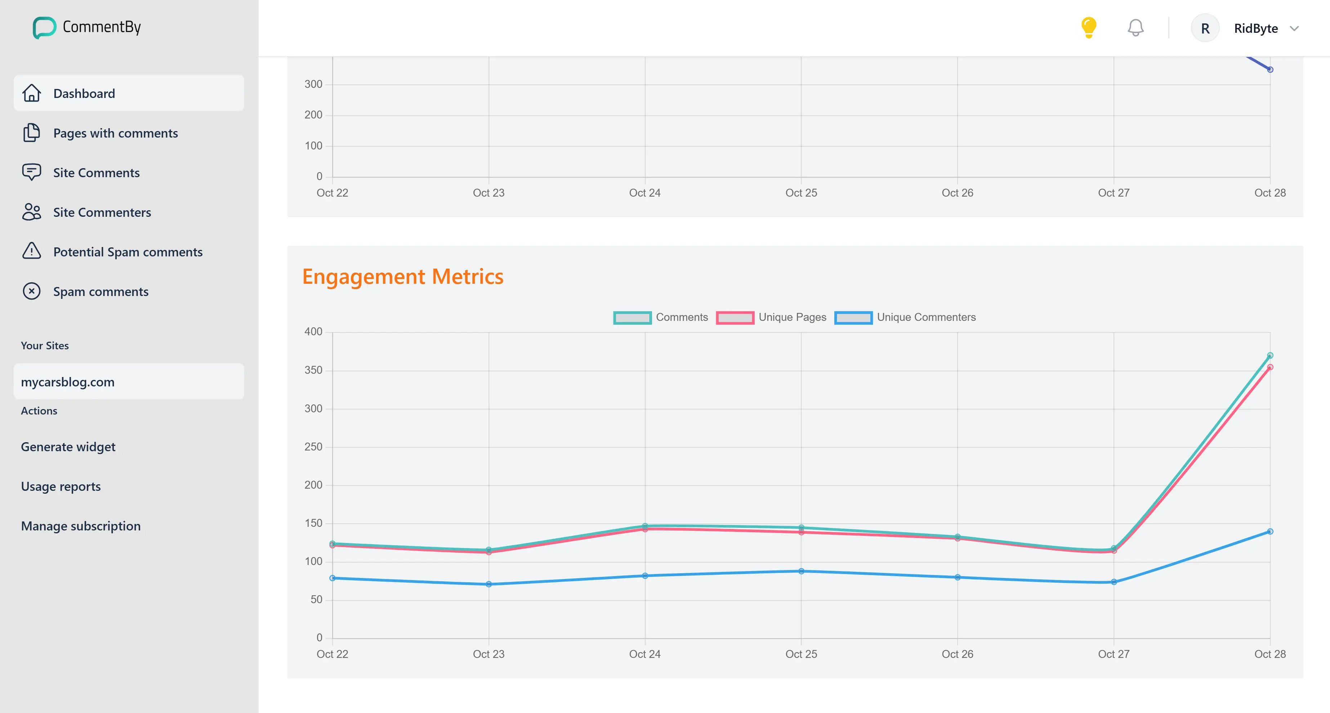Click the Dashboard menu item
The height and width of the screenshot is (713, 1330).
[84, 94]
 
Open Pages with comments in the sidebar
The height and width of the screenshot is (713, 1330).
[115, 133]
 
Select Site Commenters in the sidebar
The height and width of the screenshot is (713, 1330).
[102, 212]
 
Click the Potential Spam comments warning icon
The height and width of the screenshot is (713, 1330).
[31, 251]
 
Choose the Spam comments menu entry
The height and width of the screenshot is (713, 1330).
[101, 292]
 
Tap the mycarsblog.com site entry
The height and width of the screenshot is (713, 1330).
[68, 382]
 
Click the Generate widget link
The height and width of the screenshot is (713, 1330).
[68, 447]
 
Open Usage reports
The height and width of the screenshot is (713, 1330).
[61, 486]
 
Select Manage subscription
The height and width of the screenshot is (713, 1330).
[81, 526]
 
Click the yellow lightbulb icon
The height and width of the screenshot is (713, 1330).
[1088, 28]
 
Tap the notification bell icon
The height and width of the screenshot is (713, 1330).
[1135, 28]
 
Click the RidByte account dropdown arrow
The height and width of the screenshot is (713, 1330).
[1294, 28]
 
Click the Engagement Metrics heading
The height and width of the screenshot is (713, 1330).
[403, 277]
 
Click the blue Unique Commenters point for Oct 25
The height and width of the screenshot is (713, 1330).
[801, 571]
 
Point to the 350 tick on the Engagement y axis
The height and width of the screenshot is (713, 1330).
[313, 370]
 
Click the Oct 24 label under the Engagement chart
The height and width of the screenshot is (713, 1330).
[644, 654]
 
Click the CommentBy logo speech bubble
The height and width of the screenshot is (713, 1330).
[44, 27]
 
